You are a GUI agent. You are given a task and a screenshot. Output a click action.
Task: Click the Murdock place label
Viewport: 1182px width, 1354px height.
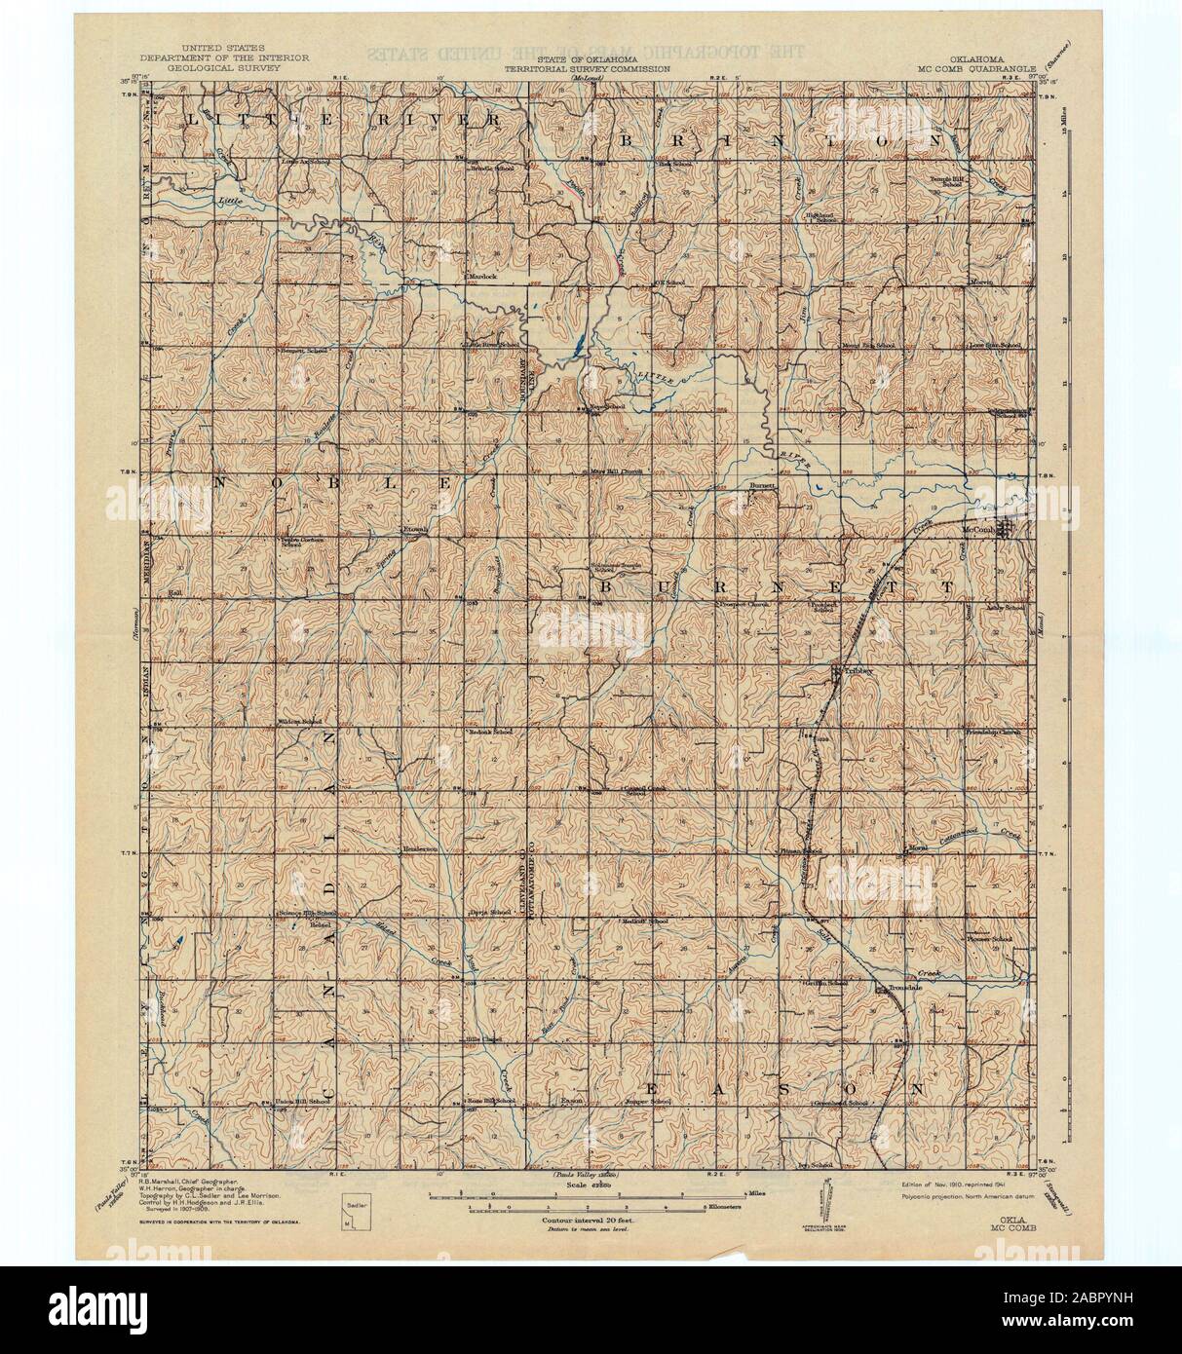click(484, 276)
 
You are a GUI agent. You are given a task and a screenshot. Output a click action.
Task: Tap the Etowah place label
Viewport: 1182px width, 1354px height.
click(417, 530)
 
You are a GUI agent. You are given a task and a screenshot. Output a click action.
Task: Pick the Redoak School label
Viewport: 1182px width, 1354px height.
click(490, 731)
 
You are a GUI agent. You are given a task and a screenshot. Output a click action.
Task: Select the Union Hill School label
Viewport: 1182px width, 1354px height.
click(299, 1101)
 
